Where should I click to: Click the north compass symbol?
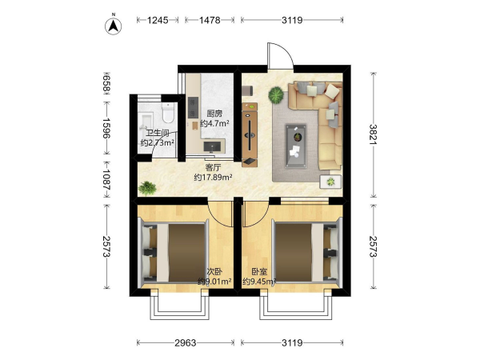(x=114, y=26)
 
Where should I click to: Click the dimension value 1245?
(x=158, y=20)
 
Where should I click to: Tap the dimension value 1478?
(x=210, y=20)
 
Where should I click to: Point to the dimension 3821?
(x=373, y=134)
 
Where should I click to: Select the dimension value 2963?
(x=186, y=343)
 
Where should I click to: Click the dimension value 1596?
(x=106, y=128)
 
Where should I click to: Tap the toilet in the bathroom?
(x=168, y=112)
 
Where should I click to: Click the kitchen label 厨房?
(x=214, y=114)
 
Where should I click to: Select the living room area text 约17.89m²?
(x=213, y=178)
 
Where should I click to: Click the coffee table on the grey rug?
(x=296, y=146)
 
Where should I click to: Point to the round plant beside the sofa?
(x=276, y=94)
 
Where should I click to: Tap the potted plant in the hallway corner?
(x=147, y=188)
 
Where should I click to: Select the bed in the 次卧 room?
(x=174, y=253)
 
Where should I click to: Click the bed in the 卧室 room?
(x=307, y=253)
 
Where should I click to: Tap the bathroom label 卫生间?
(x=158, y=134)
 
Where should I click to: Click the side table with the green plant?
(x=330, y=182)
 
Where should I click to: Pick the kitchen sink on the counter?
(x=212, y=146)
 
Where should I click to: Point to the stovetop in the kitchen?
(x=193, y=107)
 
